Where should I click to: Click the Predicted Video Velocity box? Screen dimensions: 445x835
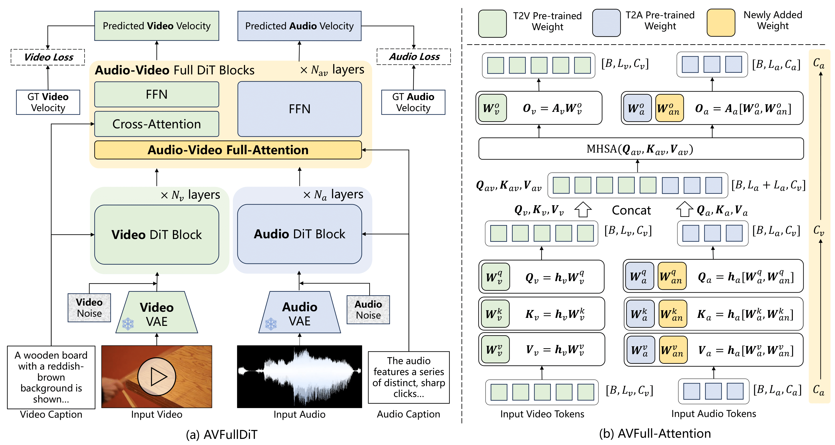click(x=156, y=26)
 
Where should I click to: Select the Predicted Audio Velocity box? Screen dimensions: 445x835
click(x=299, y=26)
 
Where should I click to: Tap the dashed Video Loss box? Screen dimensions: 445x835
click(x=48, y=57)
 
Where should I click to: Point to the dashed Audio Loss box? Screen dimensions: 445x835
click(x=413, y=57)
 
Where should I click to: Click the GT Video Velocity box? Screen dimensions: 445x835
click(x=48, y=102)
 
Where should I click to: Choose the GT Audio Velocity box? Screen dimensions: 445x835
click(x=413, y=102)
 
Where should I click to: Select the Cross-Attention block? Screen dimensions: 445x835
click(x=156, y=124)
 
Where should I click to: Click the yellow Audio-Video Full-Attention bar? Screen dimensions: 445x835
click(x=228, y=150)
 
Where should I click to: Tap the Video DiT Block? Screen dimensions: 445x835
click(x=156, y=235)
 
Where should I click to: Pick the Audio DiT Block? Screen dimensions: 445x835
click(x=299, y=234)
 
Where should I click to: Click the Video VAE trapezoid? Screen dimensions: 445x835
click(x=156, y=312)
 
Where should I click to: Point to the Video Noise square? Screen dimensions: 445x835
click(x=89, y=308)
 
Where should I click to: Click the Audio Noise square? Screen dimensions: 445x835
click(x=368, y=309)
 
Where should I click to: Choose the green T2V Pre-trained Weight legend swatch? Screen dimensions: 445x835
click(x=492, y=23)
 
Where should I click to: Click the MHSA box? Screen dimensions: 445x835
click(x=641, y=149)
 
